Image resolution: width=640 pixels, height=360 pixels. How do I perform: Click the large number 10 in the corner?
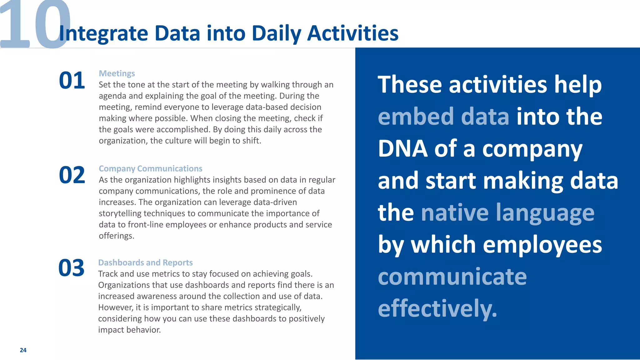coord(34,25)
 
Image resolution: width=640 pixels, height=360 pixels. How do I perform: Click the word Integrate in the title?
coord(103,34)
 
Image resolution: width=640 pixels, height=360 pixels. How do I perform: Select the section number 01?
coord(72,81)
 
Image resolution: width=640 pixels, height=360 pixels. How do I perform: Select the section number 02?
coord(72,175)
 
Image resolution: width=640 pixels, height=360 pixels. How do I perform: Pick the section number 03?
coord(71,268)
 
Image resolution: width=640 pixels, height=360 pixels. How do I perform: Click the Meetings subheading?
coord(117,73)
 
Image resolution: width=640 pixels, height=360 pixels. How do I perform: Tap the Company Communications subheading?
coord(150,168)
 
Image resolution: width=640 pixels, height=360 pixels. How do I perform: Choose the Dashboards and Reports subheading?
coord(145,262)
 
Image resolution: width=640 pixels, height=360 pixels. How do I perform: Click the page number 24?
coord(23,350)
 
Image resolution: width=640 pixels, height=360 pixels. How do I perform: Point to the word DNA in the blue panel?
coord(402,149)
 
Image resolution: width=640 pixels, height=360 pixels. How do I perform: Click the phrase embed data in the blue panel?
coord(443,117)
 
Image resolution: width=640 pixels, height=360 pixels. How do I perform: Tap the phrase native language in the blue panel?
coord(507,213)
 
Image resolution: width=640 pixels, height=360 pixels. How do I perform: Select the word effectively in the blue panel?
coord(437,308)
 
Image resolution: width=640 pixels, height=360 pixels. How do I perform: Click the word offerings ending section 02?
coord(116,236)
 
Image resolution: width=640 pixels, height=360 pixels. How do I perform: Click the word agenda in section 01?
coord(112,96)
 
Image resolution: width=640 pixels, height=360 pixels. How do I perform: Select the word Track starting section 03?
coord(108,274)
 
